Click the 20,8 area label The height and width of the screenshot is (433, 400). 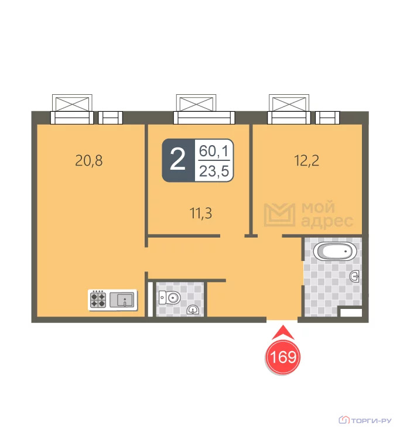click(x=89, y=160)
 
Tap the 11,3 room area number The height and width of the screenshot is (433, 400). click(x=201, y=213)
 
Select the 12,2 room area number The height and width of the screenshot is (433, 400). click(x=306, y=160)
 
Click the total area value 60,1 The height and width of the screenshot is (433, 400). click(x=214, y=151)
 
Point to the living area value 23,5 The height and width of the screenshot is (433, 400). click(x=214, y=171)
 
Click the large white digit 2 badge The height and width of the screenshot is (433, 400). click(x=177, y=160)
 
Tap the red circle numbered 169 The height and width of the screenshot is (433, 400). click(x=283, y=357)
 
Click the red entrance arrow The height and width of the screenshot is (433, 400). click(x=283, y=332)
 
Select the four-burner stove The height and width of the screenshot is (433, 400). click(x=98, y=300)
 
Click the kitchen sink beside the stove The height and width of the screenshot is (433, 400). click(x=123, y=300)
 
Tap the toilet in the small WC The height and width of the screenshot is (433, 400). click(x=169, y=298)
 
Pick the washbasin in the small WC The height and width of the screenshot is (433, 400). click(x=193, y=310)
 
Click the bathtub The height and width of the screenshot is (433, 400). click(x=335, y=251)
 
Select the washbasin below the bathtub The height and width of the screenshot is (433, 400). click(x=354, y=276)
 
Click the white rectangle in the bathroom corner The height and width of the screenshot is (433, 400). click(x=351, y=313)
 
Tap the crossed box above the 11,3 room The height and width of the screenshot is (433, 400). click(x=196, y=103)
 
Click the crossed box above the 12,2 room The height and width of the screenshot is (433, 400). click(x=289, y=103)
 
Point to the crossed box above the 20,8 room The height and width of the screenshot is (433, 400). click(x=72, y=103)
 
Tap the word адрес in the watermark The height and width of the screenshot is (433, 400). click(x=327, y=221)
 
